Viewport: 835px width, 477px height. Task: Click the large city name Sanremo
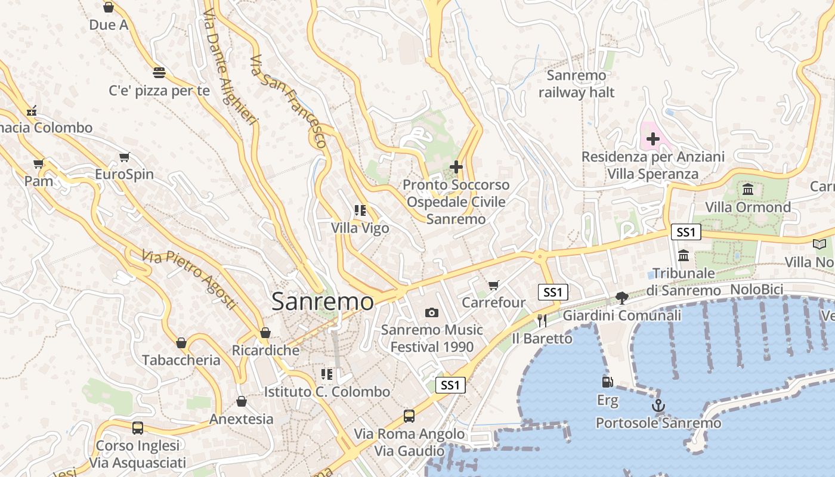[323, 301]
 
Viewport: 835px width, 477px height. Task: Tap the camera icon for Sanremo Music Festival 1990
[432, 312]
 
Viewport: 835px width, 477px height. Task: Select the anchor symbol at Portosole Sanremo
[658, 406]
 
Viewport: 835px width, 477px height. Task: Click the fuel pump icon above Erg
[607, 382]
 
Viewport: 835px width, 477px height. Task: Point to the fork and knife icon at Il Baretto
[542, 321]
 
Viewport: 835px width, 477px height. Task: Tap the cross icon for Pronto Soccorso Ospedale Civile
[456, 167]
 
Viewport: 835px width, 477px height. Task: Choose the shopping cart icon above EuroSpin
[124, 157]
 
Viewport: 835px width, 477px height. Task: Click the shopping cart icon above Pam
[39, 163]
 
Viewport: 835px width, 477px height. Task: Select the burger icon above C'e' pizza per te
[159, 73]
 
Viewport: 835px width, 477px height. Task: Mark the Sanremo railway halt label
[576, 84]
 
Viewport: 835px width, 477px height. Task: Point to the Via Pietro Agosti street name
[190, 279]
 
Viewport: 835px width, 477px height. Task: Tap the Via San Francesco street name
[289, 101]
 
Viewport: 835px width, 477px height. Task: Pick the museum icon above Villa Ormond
[748, 190]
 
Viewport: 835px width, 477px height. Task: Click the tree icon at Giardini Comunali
[622, 298]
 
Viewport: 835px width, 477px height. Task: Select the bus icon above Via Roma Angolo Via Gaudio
[409, 416]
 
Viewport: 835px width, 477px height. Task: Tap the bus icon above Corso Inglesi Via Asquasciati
[138, 428]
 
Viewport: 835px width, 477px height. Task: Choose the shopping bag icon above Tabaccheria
[181, 343]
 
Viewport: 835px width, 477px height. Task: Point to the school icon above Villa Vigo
[360, 210]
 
